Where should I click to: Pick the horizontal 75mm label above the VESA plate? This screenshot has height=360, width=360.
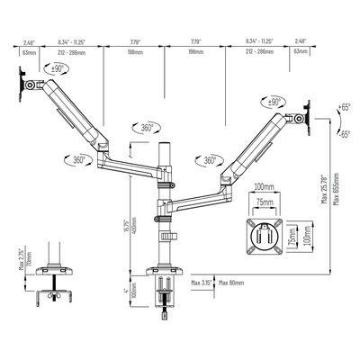262,203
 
